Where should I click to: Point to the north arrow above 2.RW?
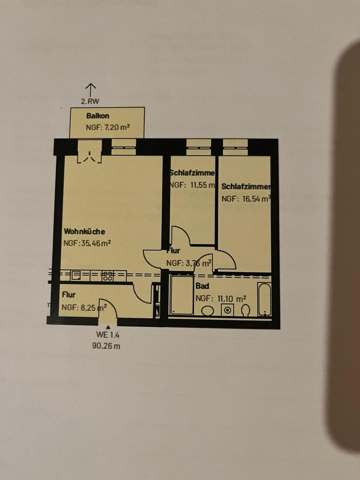[90, 90]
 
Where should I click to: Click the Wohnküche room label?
[84, 232]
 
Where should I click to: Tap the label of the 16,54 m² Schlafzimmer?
[246, 186]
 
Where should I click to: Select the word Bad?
[202, 287]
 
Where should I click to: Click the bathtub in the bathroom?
[264, 299]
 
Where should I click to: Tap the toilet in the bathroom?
[245, 310]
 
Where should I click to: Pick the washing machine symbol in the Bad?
[227, 310]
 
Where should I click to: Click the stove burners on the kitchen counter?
[107, 274]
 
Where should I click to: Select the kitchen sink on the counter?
[76, 274]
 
